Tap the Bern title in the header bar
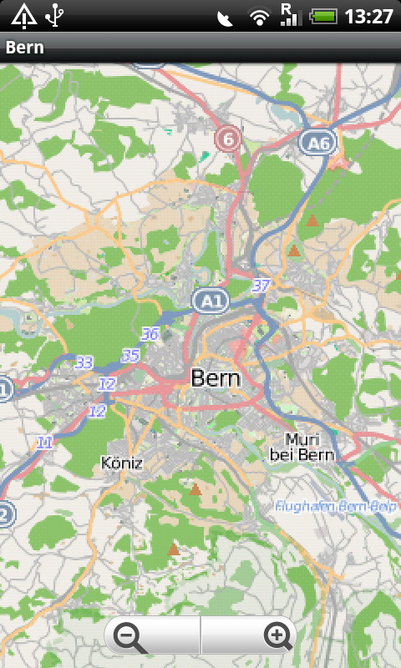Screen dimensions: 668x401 click(25, 48)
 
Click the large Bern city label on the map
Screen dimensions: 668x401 click(216, 378)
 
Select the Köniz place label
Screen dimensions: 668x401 click(121, 462)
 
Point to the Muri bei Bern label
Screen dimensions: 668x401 click(302, 447)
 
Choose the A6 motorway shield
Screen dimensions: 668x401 click(317, 144)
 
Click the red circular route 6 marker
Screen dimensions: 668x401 click(227, 139)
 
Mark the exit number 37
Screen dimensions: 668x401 click(261, 286)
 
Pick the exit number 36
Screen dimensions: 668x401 click(150, 334)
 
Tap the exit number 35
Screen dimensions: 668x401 click(130, 356)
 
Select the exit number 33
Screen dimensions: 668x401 click(84, 362)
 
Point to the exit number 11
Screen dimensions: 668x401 click(44, 443)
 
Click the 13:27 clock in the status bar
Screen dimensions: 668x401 click(368, 16)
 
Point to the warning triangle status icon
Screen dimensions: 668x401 click(23, 15)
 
